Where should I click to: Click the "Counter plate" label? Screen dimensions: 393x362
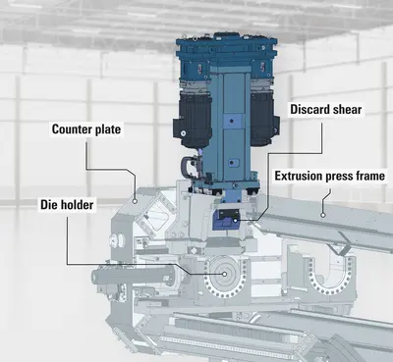tap(86, 129)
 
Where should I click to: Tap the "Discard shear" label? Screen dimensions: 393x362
tap(326, 110)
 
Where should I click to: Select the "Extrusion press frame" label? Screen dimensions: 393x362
tap(329, 176)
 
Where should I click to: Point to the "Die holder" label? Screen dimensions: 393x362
tap(67, 205)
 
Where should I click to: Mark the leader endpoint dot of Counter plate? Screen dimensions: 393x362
tap(135, 201)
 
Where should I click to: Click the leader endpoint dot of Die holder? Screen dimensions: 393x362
tap(225, 275)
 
